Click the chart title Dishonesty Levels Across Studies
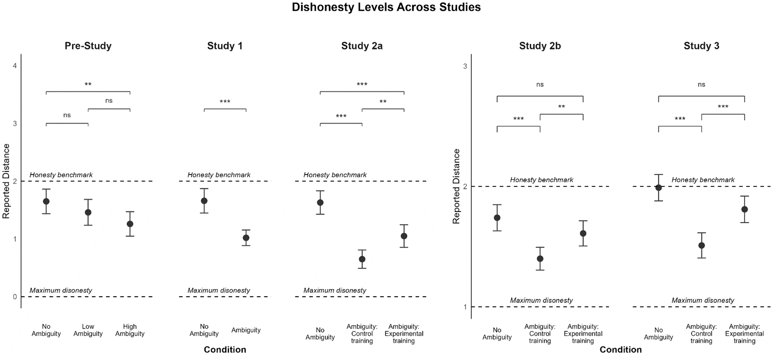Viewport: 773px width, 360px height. (x=386, y=7)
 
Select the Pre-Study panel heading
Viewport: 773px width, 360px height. (x=88, y=46)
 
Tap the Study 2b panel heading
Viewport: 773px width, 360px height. (x=540, y=46)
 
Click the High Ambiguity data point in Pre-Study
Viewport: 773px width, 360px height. (x=130, y=224)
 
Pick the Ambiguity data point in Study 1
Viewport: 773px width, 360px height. (x=246, y=238)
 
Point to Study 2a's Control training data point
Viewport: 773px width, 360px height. (x=362, y=259)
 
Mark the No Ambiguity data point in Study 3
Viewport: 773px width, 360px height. (x=658, y=188)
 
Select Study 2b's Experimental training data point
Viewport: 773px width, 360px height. (x=583, y=234)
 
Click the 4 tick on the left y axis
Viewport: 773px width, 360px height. (x=15, y=66)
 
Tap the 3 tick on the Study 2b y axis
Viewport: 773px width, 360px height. (x=465, y=66)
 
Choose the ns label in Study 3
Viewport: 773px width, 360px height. (x=701, y=85)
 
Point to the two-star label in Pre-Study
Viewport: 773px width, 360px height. (x=88, y=85)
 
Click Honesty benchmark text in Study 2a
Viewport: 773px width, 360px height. (x=335, y=175)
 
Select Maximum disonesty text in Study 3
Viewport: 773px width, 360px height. (x=703, y=300)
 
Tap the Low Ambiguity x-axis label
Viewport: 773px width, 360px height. (x=88, y=330)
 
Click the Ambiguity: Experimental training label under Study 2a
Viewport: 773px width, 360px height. (x=404, y=334)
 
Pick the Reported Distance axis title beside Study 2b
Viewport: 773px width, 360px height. (x=456, y=186)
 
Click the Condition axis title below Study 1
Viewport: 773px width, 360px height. (x=225, y=350)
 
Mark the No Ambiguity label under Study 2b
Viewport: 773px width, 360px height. (x=497, y=334)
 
